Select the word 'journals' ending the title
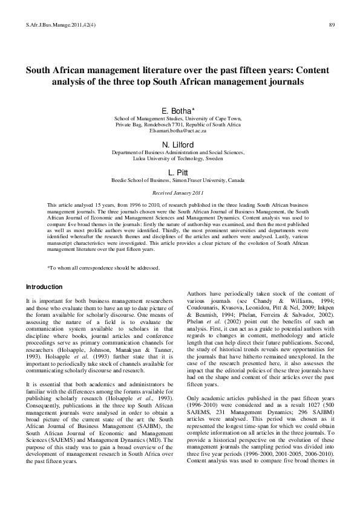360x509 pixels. tap(287, 81)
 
